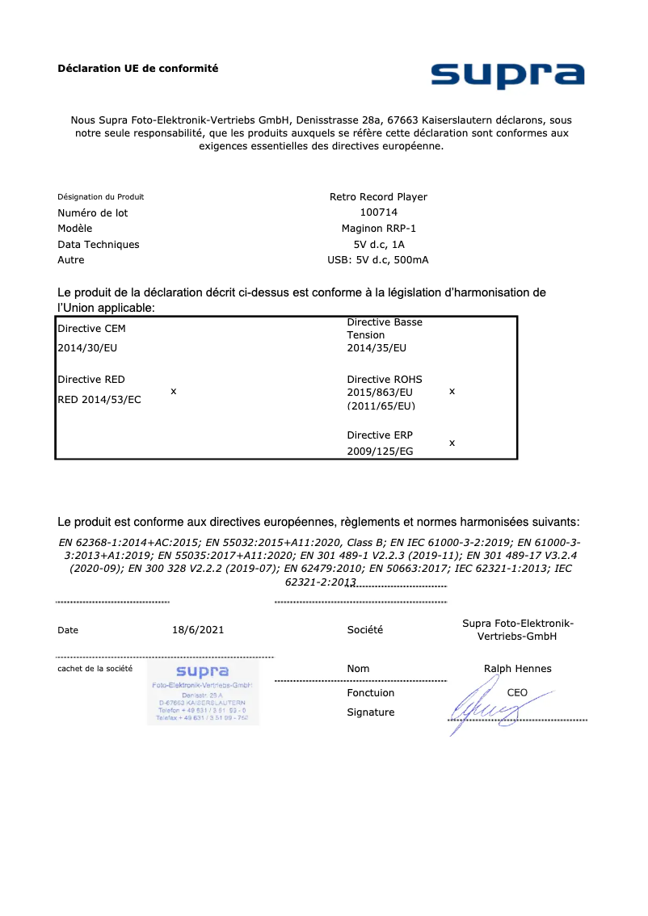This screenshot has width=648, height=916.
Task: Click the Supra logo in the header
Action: pos(507,75)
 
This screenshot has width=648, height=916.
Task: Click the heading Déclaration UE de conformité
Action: pos(137,69)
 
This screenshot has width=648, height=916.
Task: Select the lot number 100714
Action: pos(378,212)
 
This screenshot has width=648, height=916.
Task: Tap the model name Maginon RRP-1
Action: pos(378,229)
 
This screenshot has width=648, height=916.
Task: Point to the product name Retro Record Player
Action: pos(378,197)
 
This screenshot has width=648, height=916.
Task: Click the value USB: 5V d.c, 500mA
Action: pos(378,260)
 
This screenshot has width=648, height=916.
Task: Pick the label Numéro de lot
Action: pos(92,213)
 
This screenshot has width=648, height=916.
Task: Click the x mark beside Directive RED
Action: pos(174,391)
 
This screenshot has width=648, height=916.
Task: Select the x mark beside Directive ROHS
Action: pos(452,391)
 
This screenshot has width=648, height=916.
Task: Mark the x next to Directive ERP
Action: pos(452,443)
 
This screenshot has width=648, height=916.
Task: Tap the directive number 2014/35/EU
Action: pos(377,348)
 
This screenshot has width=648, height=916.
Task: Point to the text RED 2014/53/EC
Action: pos(99,399)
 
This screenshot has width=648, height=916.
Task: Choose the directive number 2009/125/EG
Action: pos(380,452)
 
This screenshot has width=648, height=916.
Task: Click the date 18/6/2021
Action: pos(198,630)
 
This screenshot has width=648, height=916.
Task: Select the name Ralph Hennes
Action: pos(517,669)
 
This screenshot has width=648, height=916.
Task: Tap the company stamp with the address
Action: pos(203,693)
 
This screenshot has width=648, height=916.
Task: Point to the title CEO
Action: pos(517,693)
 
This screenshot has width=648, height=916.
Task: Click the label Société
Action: pos(365,630)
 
